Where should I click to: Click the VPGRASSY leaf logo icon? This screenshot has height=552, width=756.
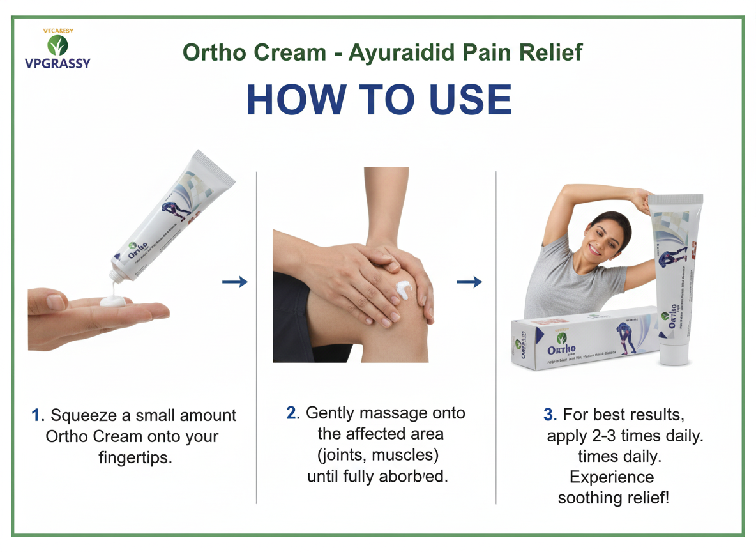[x=57, y=45]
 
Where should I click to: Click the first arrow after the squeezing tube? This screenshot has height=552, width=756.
[x=234, y=282]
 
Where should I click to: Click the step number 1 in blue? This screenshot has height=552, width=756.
[x=36, y=415]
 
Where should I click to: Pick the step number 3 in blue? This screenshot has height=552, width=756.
[x=549, y=415]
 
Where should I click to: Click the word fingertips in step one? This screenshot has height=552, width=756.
[x=135, y=458]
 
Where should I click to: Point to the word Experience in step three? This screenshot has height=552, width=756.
[x=612, y=477]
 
